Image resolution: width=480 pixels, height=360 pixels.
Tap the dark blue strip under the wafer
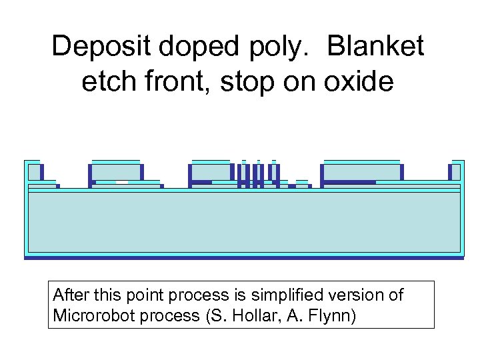coord(243,257)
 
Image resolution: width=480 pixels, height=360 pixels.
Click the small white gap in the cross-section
coord(122,182)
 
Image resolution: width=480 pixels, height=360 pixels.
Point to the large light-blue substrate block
coord(243,223)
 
